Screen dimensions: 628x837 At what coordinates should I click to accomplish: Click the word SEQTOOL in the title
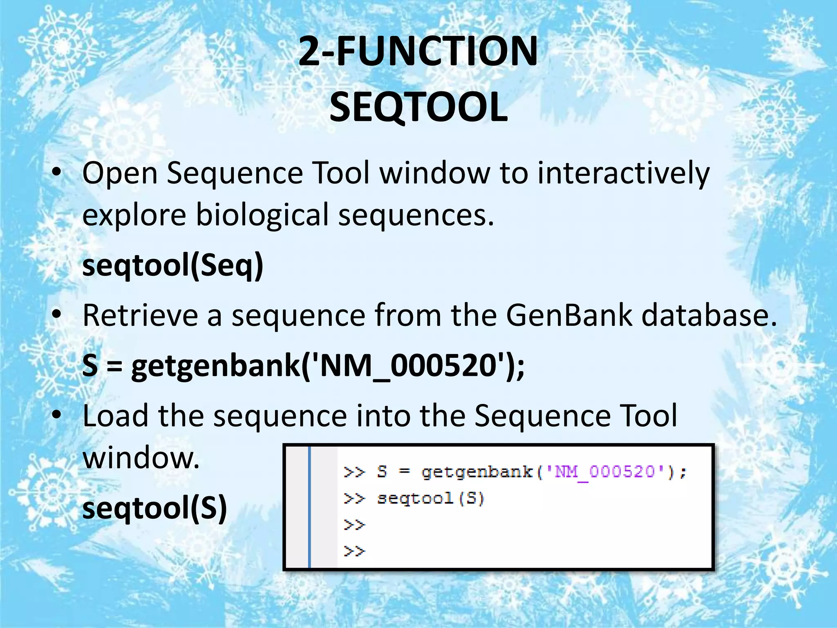(418, 107)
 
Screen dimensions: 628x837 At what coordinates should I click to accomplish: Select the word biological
(262, 215)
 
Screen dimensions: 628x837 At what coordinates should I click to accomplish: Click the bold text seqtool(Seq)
(173, 266)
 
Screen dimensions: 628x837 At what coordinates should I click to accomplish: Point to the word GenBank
(569, 315)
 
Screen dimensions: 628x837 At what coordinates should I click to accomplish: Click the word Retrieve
(140, 315)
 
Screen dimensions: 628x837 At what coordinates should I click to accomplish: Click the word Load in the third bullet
(115, 416)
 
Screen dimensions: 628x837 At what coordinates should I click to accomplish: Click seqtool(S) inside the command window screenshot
(430, 498)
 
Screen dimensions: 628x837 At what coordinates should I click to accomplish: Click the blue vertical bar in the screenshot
(309, 507)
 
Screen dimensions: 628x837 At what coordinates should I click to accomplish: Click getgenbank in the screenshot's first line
(477, 472)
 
